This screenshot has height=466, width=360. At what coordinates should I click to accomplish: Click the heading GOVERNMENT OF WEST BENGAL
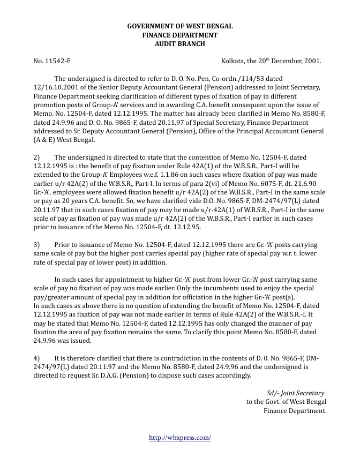click(179, 26)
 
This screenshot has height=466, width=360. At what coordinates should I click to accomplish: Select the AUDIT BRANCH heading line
click(179, 43)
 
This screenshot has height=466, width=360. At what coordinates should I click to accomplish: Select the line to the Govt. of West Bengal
click(286, 402)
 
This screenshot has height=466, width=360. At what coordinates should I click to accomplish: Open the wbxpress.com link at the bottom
click(180, 438)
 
